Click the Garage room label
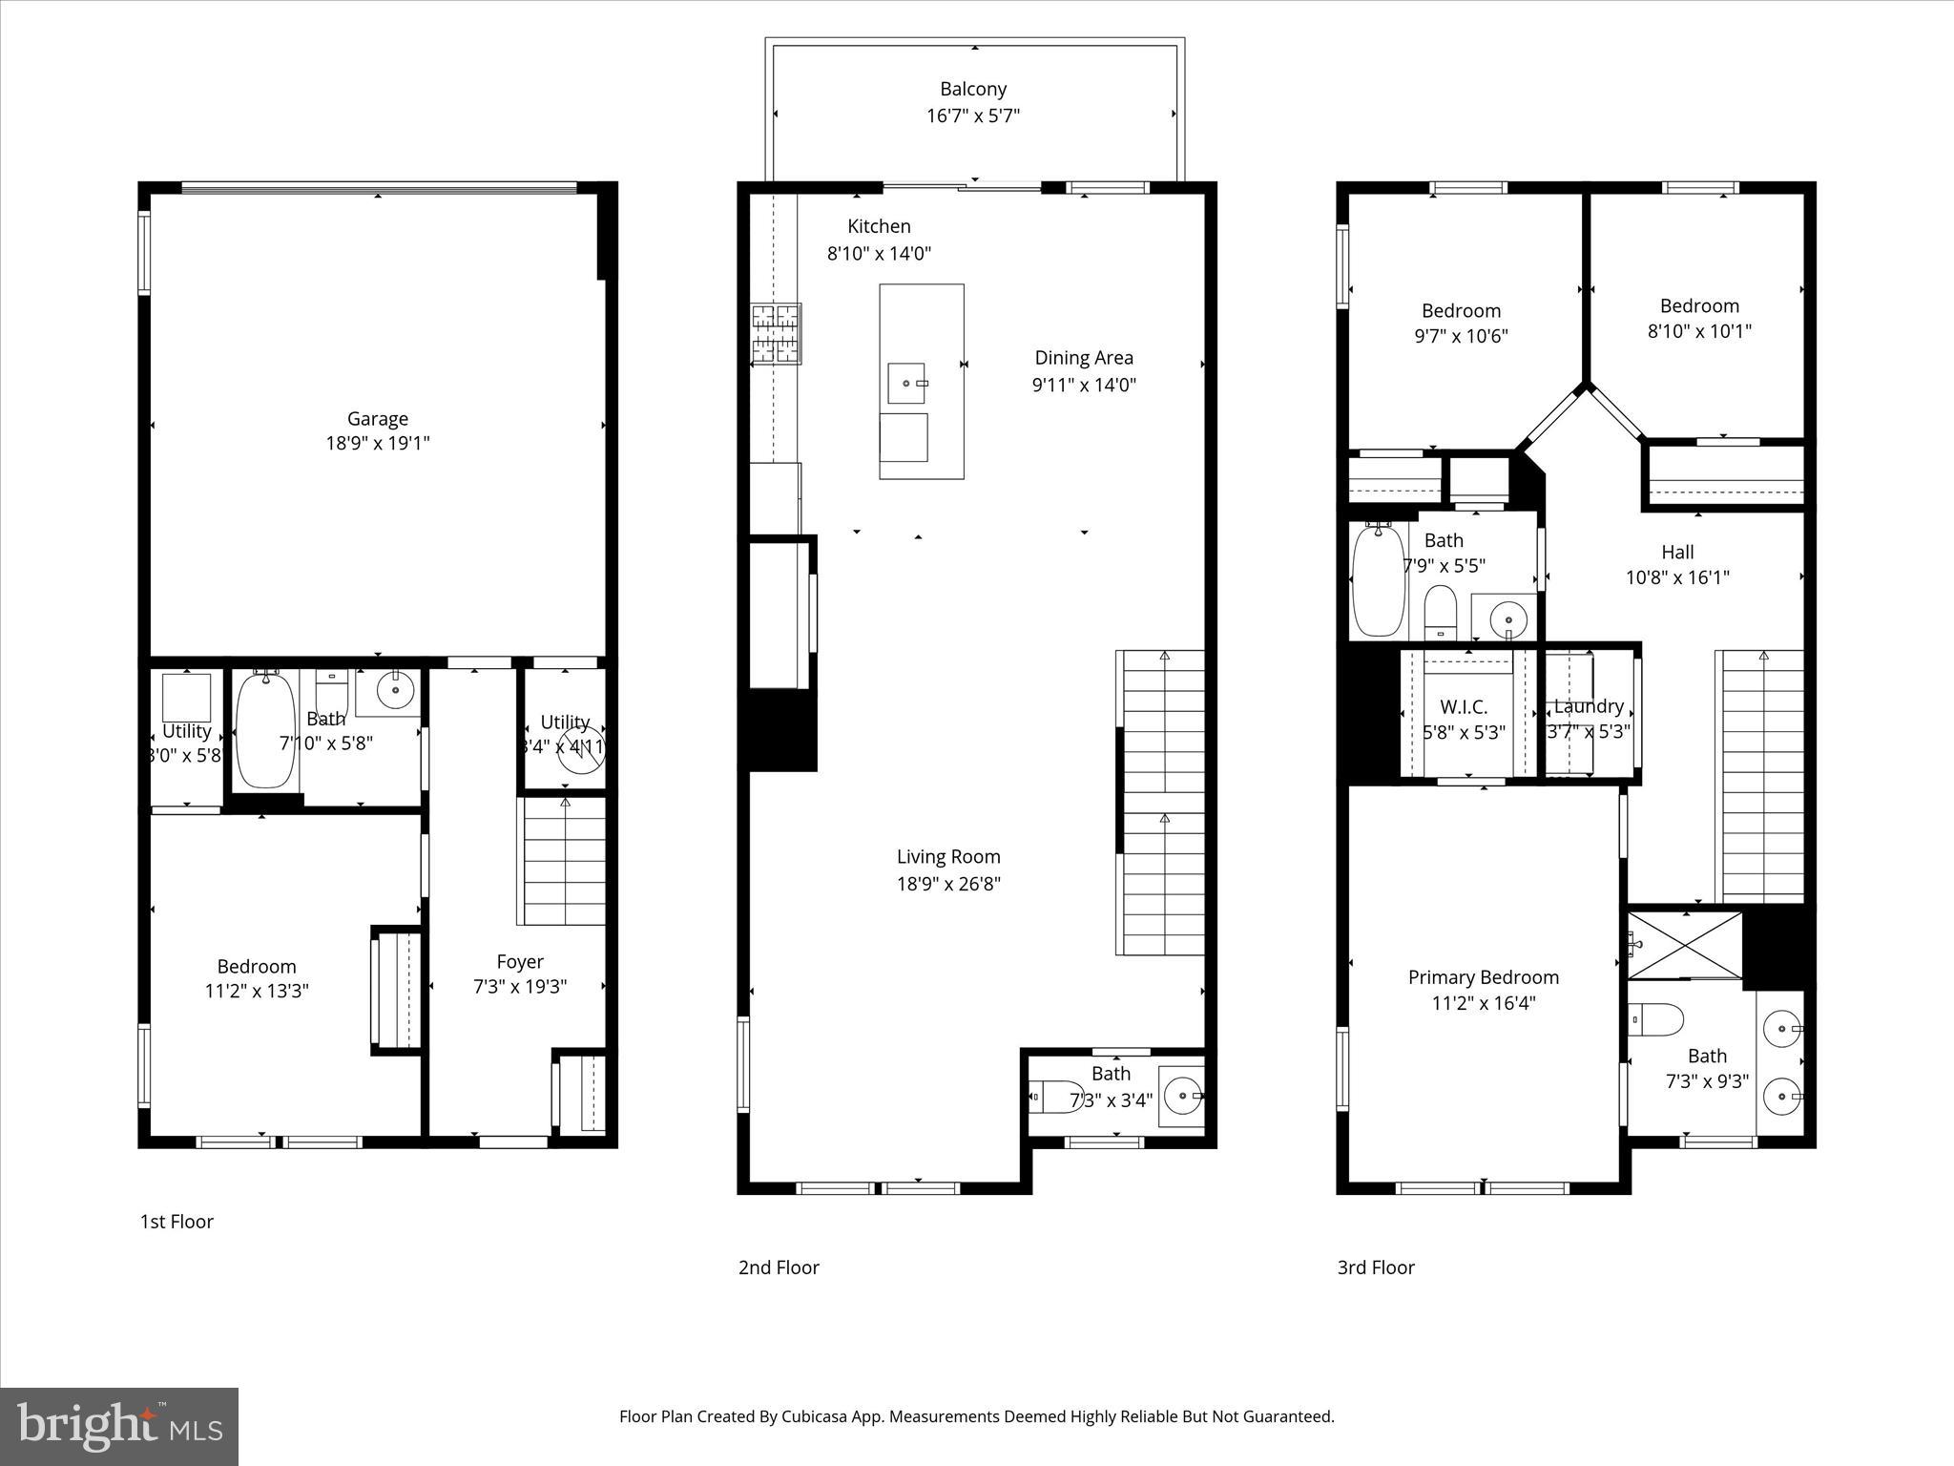click(x=377, y=418)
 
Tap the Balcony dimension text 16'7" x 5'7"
click(x=972, y=116)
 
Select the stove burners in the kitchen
click(x=776, y=333)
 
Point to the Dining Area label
click(x=1084, y=358)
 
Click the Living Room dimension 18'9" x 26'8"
click(x=947, y=884)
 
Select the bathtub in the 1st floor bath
click(x=265, y=730)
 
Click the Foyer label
click(x=520, y=962)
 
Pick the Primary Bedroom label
click(x=1483, y=977)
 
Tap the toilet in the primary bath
click(x=1656, y=1020)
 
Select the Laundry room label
click(x=1589, y=706)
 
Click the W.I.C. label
click(x=1463, y=707)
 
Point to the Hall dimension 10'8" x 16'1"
click(x=1676, y=577)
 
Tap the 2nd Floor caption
click(x=779, y=1267)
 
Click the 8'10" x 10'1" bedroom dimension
click(x=1699, y=331)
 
